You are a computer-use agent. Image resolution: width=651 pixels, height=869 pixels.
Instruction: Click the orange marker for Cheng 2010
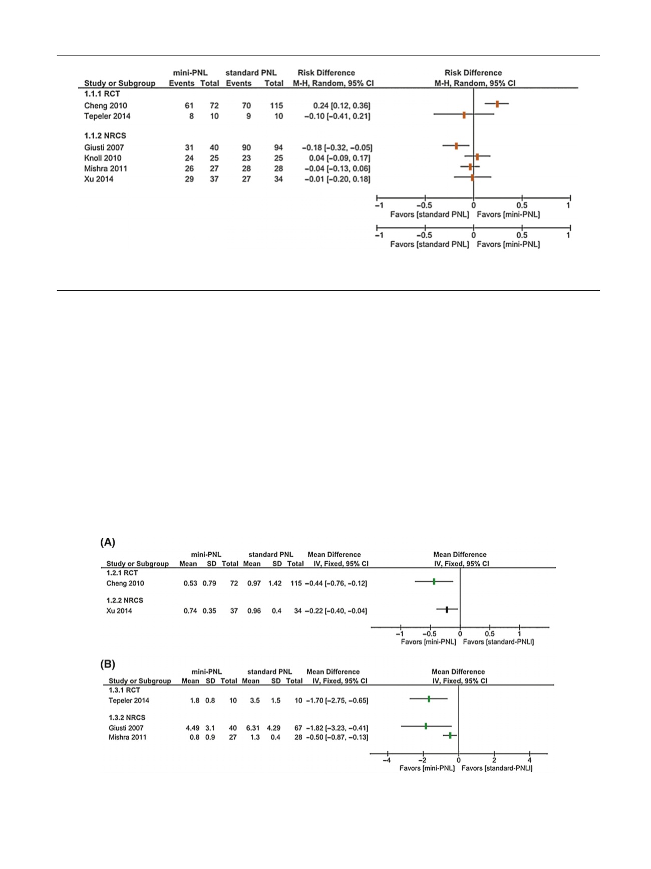click(x=497, y=104)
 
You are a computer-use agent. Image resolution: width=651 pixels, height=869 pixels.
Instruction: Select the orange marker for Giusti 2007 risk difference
click(x=456, y=146)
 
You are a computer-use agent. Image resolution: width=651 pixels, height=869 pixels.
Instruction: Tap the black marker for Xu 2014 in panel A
click(x=447, y=609)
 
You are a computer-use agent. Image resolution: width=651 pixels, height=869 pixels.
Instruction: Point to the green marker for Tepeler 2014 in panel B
click(x=429, y=699)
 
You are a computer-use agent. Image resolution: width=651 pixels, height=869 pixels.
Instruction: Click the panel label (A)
click(x=108, y=542)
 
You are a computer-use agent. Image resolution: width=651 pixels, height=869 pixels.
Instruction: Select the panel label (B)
click(x=108, y=665)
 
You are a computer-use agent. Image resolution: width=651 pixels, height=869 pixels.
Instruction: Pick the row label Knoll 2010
click(x=103, y=158)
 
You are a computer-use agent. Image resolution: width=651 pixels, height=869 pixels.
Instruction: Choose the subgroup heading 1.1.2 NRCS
click(x=105, y=136)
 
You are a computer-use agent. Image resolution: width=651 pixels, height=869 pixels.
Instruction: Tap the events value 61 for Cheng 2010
click(x=189, y=106)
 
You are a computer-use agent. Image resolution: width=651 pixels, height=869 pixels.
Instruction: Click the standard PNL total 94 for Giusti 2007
click(x=278, y=147)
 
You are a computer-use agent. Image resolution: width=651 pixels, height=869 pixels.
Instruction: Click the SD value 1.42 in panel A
click(x=275, y=583)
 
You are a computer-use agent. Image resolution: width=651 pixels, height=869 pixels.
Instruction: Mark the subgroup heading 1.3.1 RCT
click(x=124, y=690)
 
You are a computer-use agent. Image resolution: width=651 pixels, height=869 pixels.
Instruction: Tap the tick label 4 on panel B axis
click(x=529, y=760)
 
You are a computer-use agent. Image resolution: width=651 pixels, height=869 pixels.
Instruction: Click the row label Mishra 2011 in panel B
click(x=128, y=737)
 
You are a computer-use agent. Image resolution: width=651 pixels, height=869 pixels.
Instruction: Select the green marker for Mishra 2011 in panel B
click(x=450, y=735)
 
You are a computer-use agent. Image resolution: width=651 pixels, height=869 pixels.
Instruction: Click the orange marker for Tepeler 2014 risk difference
click(x=464, y=115)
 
